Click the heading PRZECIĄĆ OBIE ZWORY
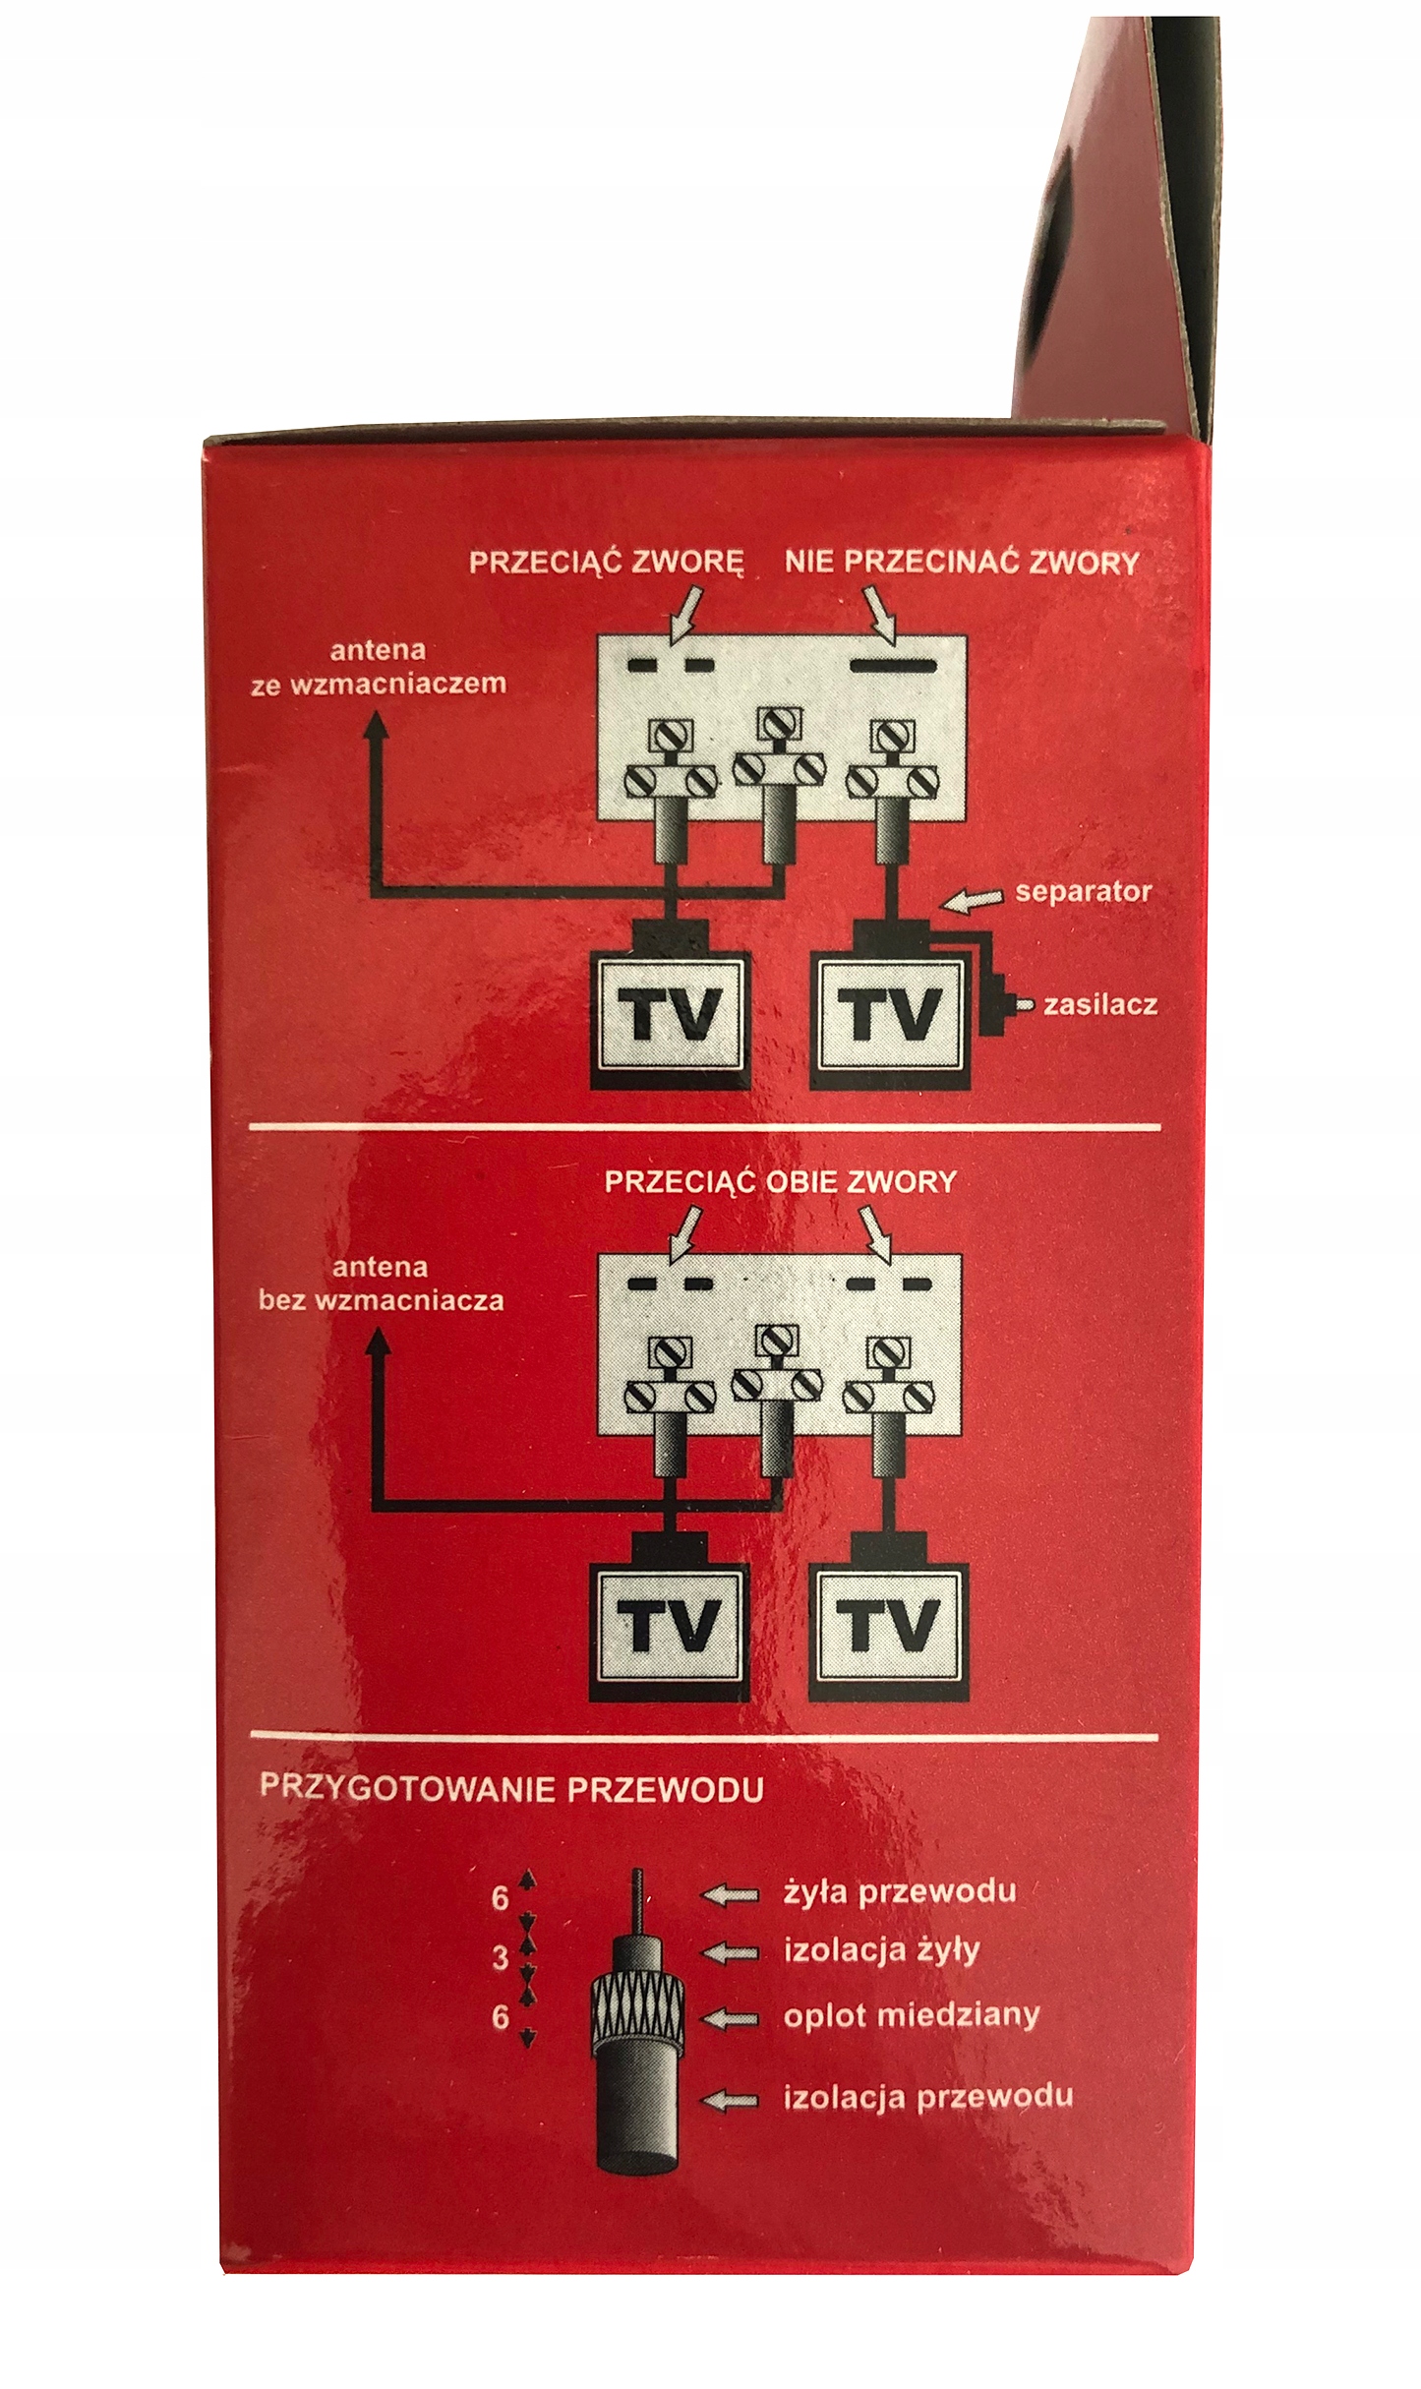[780, 1181]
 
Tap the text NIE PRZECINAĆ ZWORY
[962, 563]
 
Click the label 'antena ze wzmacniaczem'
[379, 667]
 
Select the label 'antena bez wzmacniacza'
[381, 1284]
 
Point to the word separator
[1083, 892]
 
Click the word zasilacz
[1099, 1005]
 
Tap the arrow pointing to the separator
[975, 899]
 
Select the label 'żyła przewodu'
[900, 1891]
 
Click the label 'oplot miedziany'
[911, 2015]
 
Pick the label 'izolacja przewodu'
[927, 2097]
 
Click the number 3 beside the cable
[501, 1958]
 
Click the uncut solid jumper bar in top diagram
[892, 666]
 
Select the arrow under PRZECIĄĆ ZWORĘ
[685, 612]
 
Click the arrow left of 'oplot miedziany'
[731, 2019]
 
